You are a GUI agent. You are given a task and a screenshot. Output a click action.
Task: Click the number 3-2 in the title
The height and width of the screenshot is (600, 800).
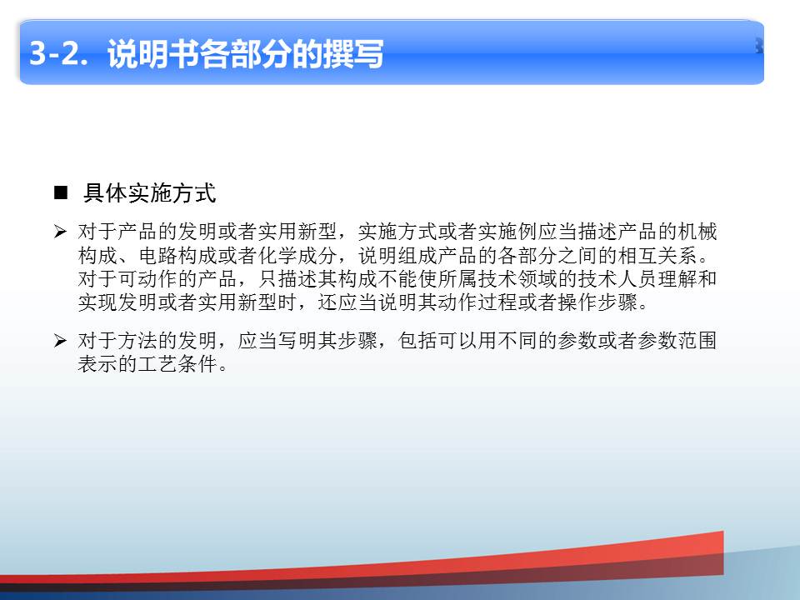tap(55, 53)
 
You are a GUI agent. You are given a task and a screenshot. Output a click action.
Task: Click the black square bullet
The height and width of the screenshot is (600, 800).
tap(61, 192)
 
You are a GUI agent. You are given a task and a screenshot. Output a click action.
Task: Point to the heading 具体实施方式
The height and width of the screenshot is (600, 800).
tap(149, 193)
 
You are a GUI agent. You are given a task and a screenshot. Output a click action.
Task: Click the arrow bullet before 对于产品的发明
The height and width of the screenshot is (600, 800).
tap(60, 232)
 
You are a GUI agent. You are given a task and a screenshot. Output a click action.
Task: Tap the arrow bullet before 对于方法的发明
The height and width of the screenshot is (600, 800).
tap(60, 340)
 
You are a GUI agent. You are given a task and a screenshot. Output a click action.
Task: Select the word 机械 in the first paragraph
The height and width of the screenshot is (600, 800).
tap(697, 232)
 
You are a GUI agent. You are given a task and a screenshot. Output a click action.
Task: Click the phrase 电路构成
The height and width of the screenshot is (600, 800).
tap(177, 255)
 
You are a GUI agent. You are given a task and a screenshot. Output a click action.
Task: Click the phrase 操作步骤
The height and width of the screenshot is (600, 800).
tap(598, 302)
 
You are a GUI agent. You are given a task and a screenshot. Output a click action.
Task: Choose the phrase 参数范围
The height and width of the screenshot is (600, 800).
tap(677, 340)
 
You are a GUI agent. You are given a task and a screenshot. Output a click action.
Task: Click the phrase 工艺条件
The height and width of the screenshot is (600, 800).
tap(177, 364)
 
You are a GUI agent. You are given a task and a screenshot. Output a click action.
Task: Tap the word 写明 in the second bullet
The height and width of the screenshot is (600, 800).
tap(297, 340)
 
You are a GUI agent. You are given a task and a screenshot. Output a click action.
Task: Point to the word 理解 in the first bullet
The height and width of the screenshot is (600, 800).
tap(677, 278)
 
